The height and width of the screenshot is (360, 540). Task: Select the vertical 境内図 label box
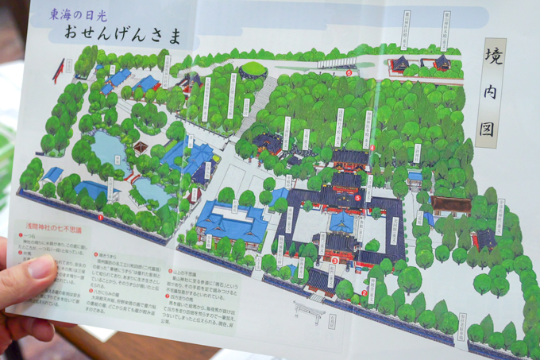(488, 93)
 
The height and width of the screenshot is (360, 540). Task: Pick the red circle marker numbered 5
(359, 198)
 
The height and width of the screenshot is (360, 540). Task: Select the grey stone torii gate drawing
(310, 308)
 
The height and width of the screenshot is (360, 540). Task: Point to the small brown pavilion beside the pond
(141, 148)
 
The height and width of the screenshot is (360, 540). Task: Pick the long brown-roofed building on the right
(451, 204)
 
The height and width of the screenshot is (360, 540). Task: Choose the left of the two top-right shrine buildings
(399, 64)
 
